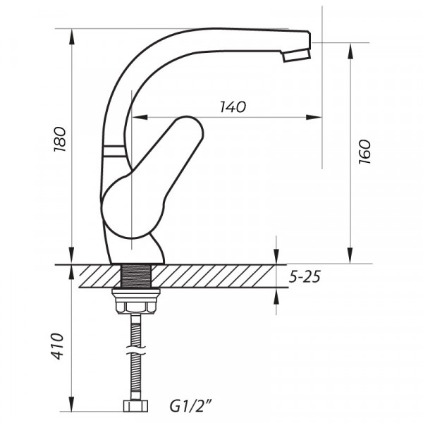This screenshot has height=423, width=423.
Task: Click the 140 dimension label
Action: pyautogui.click(x=233, y=107)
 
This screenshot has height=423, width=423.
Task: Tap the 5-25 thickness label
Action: pyautogui.click(x=305, y=277)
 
